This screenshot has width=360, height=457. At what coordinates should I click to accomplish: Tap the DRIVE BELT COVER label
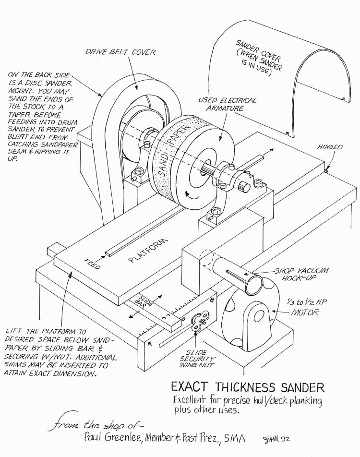pos(128,52)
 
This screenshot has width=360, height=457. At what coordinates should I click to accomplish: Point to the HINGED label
pos(330,147)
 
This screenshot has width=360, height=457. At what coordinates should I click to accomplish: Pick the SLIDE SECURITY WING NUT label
pos(198,359)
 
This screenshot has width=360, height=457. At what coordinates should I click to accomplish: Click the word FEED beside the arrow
pos(92,264)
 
